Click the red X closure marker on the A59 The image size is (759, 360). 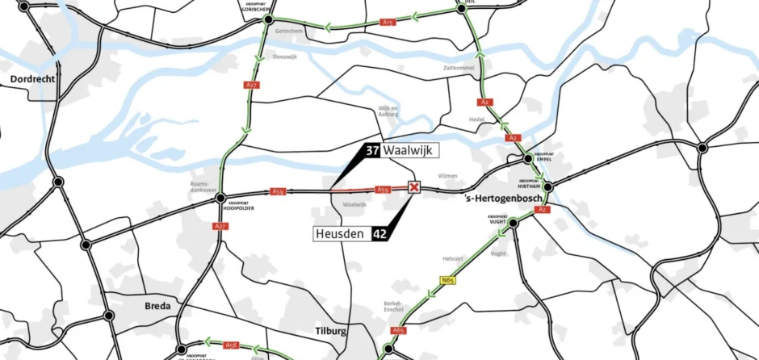[x=415, y=188]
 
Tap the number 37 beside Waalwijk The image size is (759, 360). [x=372, y=151]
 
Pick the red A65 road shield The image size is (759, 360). [x=398, y=330]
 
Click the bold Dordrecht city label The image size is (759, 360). [x=31, y=79]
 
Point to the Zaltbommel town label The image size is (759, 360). [x=458, y=68]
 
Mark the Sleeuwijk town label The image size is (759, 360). [x=285, y=57]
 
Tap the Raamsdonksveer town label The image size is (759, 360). [x=200, y=186]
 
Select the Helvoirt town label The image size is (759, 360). [x=454, y=258]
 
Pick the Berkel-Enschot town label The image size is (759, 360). [x=394, y=307]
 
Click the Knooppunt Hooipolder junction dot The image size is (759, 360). [x=220, y=197]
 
